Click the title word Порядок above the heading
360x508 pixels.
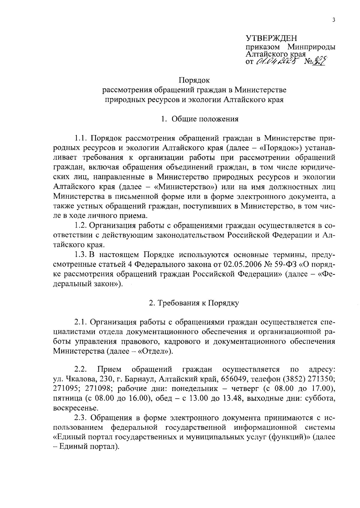pyautogui.click(x=194, y=80)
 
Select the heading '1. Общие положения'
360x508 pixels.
pyautogui.click(x=199, y=119)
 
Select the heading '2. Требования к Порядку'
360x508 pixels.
pyautogui.click(x=194, y=303)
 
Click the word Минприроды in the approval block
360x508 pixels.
pyautogui.click(x=311, y=47)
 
